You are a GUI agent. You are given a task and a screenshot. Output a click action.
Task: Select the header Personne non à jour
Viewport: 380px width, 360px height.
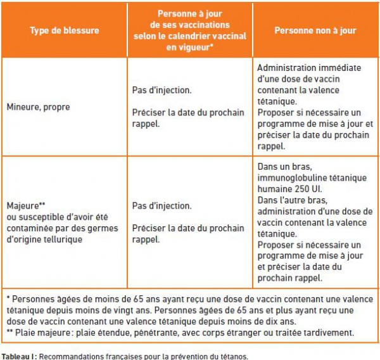pos(315,30)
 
